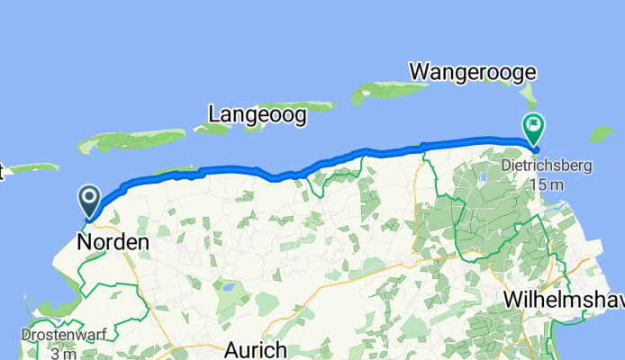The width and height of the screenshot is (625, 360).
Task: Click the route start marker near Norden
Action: pyautogui.click(x=90, y=199)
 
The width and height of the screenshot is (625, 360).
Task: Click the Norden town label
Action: pyautogui.click(x=113, y=242)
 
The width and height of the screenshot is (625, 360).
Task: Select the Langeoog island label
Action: pyautogui.click(x=257, y=114)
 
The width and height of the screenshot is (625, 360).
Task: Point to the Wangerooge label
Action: pyautogui.click(x=473, y=71)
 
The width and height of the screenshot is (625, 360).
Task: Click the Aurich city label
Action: pyautogui.click(x=255, y=349)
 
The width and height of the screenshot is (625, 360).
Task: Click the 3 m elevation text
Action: pyautogui.click(x=65, y=353)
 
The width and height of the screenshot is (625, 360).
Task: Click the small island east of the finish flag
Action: pyautogui.click(x=602, y=134)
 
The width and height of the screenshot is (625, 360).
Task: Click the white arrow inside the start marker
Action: pyautogui.click(x=90, y=195)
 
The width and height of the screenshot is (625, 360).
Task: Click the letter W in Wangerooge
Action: pyautogui.click(x=419, y=71)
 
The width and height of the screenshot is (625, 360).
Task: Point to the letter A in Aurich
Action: pyautogui.click(x=231, y=349)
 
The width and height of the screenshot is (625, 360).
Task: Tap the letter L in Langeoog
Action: pyautogui.click(x=213, y=114)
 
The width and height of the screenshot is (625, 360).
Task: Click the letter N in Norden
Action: pyautogui.click(x=85, y=242)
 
